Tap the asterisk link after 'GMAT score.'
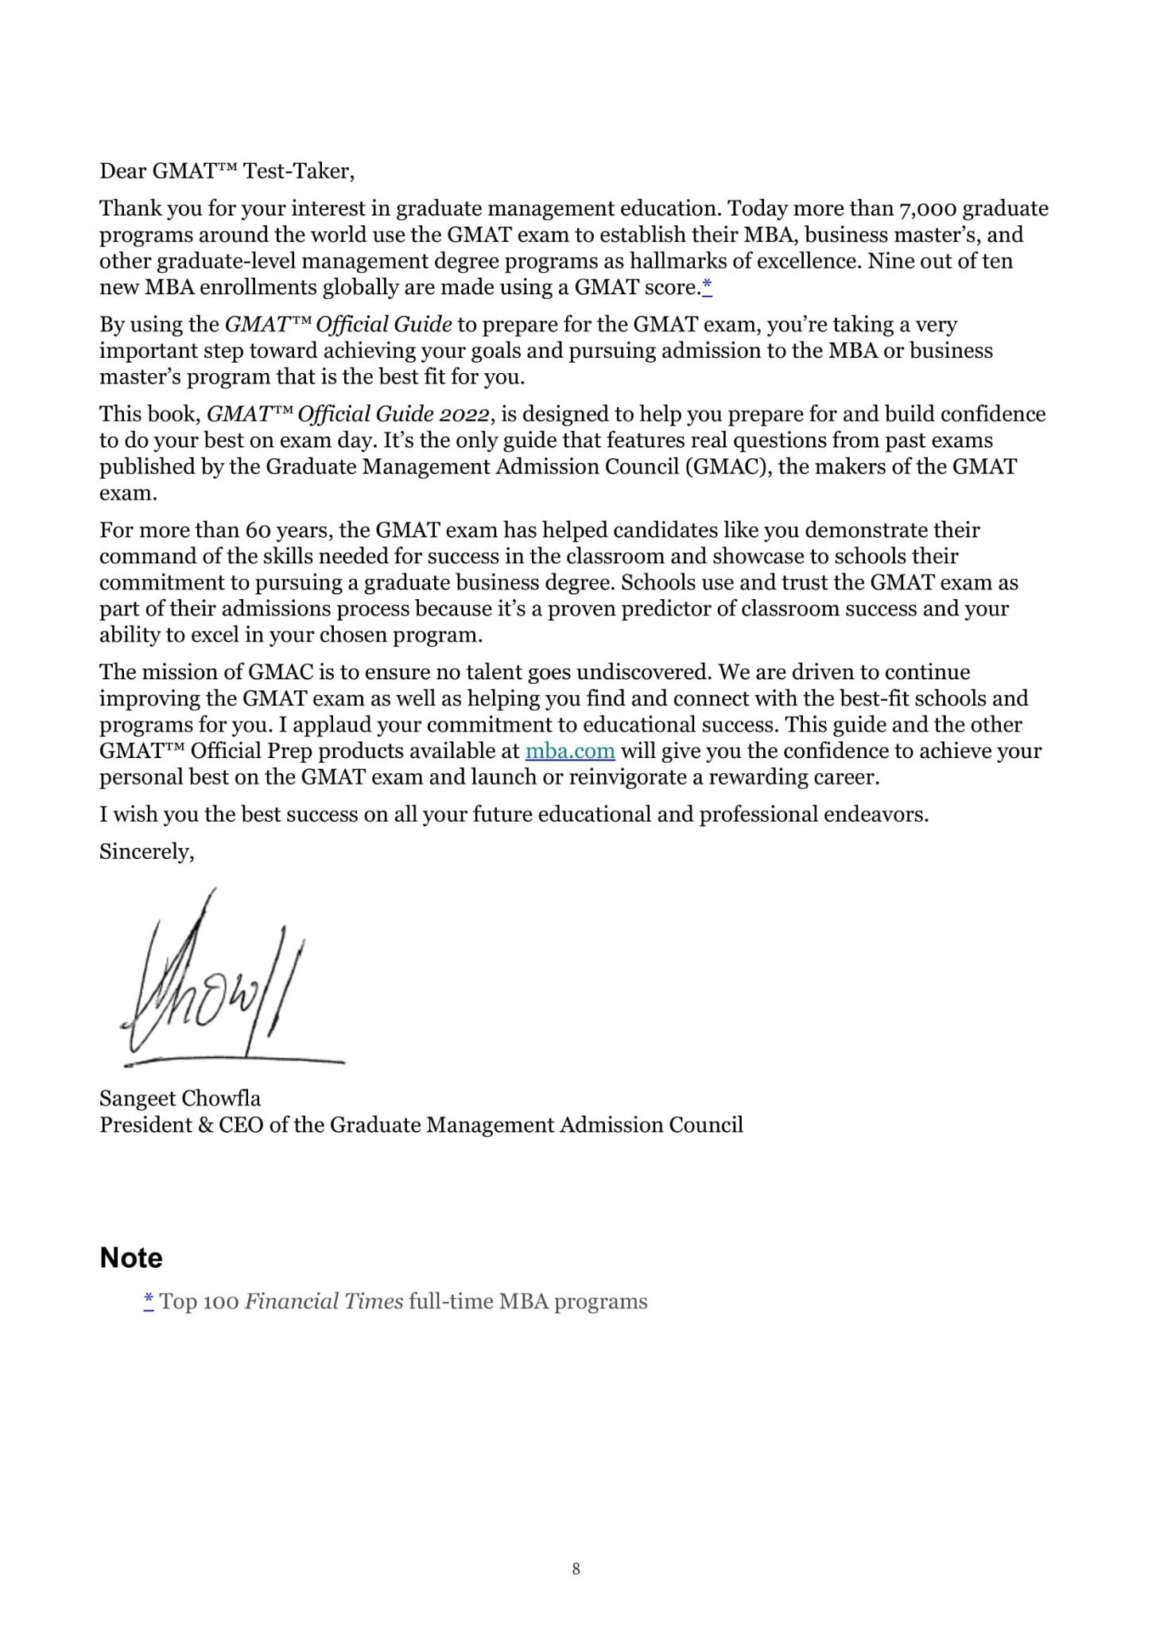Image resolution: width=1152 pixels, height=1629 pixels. click(x=707, y=287)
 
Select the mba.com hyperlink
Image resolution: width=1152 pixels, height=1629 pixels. click(x=570, y=751)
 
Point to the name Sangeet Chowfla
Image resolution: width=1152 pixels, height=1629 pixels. click(x=180, y=1098)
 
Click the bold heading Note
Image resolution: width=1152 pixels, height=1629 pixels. click(x=131, y=1258)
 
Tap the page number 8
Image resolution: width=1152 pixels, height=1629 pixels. click(x=576, y=1569)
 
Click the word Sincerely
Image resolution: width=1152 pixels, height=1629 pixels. click(x=146, y=852)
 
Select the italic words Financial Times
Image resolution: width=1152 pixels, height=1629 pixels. click(x=324, y=1301)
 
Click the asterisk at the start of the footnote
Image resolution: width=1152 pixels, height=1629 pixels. click(x=149, y=1300)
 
